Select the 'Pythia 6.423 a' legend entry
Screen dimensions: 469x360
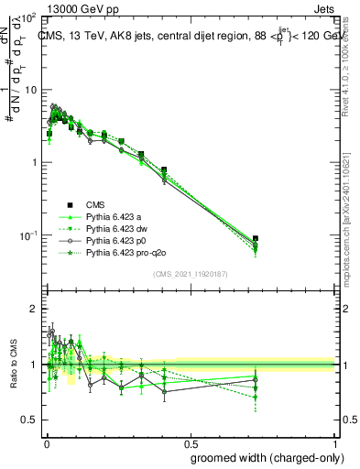pyautogui.click(x=115, y=216)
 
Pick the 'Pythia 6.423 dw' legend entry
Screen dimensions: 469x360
pyautogui.click(x=117, y=228)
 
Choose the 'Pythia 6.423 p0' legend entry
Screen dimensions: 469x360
pyautogui.click(x=117, y=240)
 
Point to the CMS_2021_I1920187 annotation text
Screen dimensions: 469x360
pyautogui.click(x=191, y=273)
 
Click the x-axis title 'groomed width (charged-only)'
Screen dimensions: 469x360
pyautogui.click(x=262, y=457)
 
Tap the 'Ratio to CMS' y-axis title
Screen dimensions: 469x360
pyautogui.click(x=12, y=365)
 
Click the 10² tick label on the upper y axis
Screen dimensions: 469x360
pyautogui.click(x=28, y=18)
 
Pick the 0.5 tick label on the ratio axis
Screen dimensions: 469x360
pyautogui.click(x=28, y=420)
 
